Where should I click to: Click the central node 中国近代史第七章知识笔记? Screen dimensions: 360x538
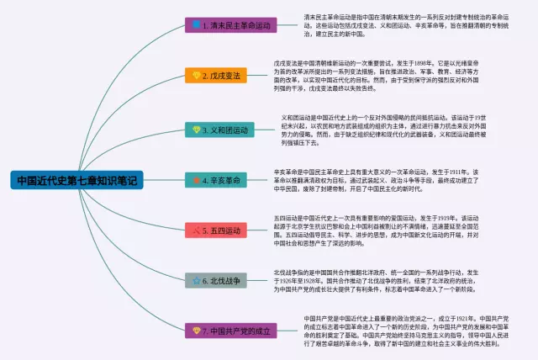pos(78,180)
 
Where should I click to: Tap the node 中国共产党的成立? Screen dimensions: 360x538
pos(228,331)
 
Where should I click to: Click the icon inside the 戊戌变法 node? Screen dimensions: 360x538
pos(196,77)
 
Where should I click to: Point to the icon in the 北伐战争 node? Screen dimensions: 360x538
pos(196,280)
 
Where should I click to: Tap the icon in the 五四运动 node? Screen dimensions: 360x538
pos(196,230)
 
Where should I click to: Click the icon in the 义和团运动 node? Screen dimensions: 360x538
pos(196,130)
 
